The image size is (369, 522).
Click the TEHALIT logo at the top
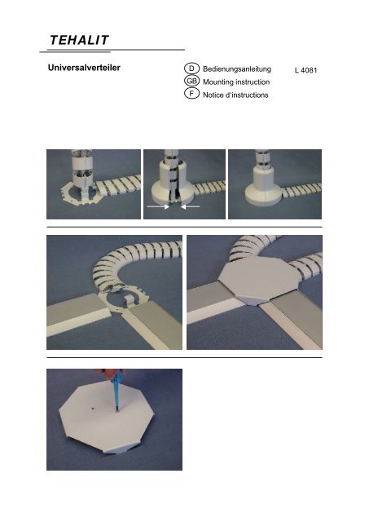click(79, 40)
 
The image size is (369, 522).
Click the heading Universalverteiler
click(84, 68)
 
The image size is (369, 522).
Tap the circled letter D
click(191, 69)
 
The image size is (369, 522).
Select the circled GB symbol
click(191, 81)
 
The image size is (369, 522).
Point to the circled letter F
click(191, 94)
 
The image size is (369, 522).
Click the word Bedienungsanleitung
click(237, 69)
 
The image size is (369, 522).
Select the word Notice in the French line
click(213, 95)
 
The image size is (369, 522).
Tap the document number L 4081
click(305, 70)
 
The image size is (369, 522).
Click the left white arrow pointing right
click(158, 206)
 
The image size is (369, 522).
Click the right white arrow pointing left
click(190, 206)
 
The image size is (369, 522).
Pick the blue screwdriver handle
click(117, 389)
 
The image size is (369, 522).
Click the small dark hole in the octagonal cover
click(93, 407)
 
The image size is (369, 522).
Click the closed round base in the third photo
click(265, 191)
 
